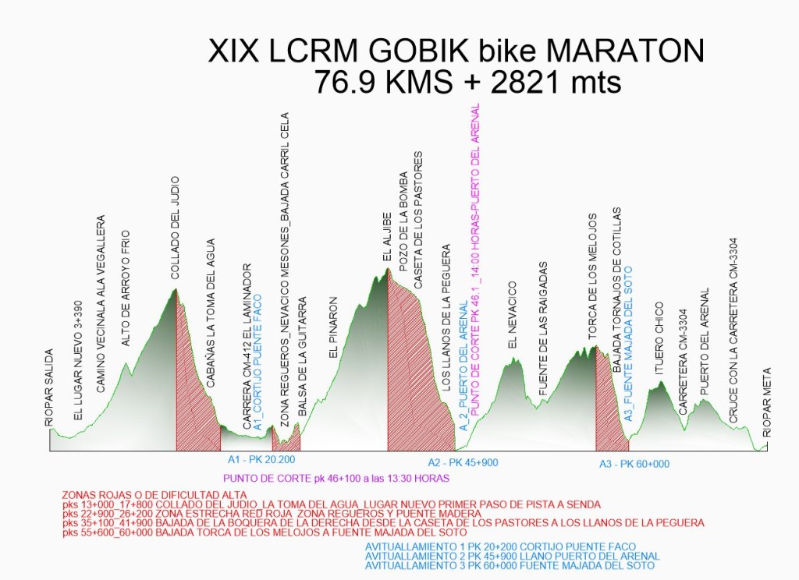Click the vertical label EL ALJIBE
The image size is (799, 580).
pyautogui.click(x=386, y=236)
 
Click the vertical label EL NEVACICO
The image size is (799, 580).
pyautogui.click(x=512, y=315)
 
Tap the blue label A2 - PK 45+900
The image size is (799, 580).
pyautogui.click(x=463, y=462)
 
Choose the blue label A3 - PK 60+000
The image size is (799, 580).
pyautogui.click(x=634, y=465)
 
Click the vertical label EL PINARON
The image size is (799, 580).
pyautogui.click(x=334, y=327)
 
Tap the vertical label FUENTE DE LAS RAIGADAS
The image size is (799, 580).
pyautogui.click(x=545, y=328)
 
